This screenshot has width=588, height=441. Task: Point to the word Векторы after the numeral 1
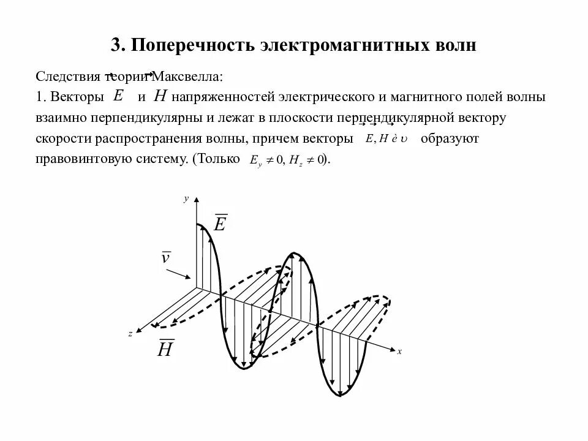click(x=75, y=97)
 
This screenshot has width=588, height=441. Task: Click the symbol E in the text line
click(x=119, y=96)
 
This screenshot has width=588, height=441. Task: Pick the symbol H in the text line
click(x=160, y=96)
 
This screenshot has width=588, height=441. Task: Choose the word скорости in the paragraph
click(x=61, y=138)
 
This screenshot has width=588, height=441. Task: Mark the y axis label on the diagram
click(x=185, y=199)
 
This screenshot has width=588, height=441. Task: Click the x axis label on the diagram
click(x=399, y=352)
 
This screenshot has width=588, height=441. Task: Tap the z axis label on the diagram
click(x=130, y=333)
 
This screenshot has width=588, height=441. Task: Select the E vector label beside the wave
click(x=220, y=223)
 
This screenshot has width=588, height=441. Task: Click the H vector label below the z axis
click(x=165, y=349)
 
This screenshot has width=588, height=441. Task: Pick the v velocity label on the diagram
click(x=165, y=257)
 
